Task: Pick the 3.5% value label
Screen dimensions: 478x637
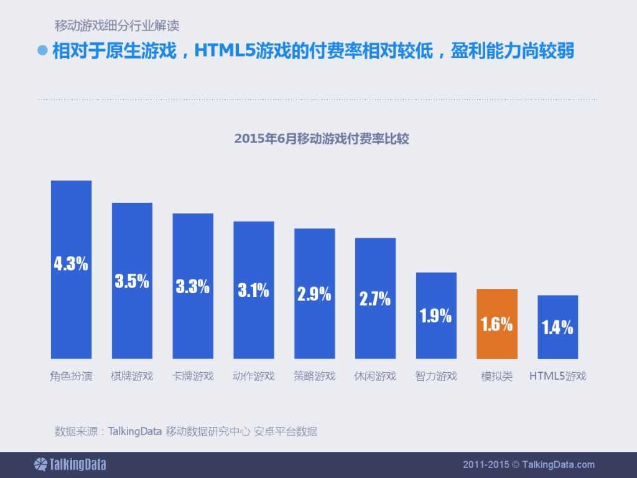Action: coord(132,281)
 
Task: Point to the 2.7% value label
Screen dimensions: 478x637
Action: coord(375,299)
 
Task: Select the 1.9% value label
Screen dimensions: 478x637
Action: coord(435,316)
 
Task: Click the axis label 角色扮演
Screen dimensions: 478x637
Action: coord(71,376)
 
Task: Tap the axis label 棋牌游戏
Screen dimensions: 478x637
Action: coord(132,376)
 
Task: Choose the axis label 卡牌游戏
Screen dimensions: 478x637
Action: coord(192,376)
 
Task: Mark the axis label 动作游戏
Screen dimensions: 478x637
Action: coord(253,376)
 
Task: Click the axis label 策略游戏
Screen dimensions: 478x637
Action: coord(314,376)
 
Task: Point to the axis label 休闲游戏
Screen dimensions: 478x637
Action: coord(375,376)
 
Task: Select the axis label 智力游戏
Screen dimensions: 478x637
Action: coord(435,376)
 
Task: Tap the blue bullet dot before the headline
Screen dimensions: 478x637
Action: coord(43,50)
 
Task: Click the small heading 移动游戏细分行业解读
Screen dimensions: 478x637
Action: coord(117,26)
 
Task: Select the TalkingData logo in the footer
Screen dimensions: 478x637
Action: coord(70,464)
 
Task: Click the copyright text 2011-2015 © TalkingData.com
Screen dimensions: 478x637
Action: coord(529,464)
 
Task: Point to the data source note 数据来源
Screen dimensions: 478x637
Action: coord(186,431)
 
